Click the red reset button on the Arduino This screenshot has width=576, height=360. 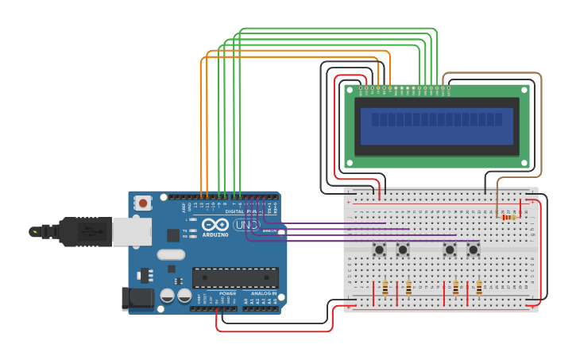[x=143, y=203]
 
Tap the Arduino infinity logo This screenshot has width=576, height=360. [x=215, y=225]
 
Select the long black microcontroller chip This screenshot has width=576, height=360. [x=235, y=278]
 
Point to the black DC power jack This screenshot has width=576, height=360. [x=137, y=298]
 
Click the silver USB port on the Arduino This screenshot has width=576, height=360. [x=131, y=231]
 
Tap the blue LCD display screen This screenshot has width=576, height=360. [x=436, y=127]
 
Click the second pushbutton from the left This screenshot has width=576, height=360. [x=403, y=250]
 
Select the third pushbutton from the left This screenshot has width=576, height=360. [x=450, y=250]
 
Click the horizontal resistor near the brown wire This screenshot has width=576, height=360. [x=508, y=216]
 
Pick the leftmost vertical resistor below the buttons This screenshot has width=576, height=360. [x=385, y=288]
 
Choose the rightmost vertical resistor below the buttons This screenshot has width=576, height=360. [x=479, y=288]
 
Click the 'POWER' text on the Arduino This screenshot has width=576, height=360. [x=227, y=293]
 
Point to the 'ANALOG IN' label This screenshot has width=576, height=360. [x=263, y=293]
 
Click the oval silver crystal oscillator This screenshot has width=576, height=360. [x=171, y=255]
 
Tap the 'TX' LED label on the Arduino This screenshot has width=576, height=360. [x=184, y=230]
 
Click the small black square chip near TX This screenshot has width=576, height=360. [x=173, y=235]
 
